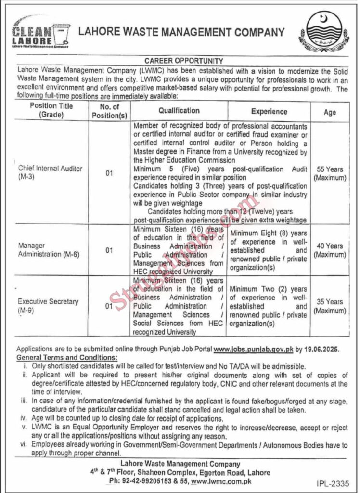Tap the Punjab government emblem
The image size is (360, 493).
(x=323, y=32)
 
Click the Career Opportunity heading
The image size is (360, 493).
(x=184, y=61)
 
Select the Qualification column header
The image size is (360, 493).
(x=179, y=111)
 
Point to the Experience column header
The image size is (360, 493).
(x=269, y=111)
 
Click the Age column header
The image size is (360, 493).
(x=330, y=112)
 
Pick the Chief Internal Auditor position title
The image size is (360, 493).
(x=50, y=172)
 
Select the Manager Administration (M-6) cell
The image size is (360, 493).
(x=46, y=250)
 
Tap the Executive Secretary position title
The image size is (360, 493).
(x=48, y=305)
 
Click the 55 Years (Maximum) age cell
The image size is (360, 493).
(x=330, y=173)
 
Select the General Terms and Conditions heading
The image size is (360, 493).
(x=66, y=358)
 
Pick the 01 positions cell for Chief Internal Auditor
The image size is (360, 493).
(x=109, y=173)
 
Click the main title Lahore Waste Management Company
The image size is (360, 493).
(x=181, y=33)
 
